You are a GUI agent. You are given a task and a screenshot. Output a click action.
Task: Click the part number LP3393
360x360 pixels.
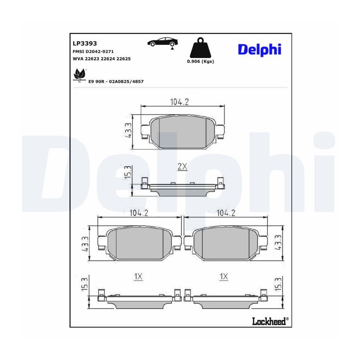[x=85, y=43]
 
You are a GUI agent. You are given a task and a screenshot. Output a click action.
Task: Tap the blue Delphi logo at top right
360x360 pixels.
[x=260, y=49]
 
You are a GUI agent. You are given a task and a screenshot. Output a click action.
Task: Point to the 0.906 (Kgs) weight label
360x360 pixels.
[x=200, y=61]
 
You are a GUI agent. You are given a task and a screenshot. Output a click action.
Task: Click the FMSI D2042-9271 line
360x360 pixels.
[x=93, y=52]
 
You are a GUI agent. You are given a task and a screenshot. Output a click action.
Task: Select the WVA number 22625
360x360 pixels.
[x=124, y=59]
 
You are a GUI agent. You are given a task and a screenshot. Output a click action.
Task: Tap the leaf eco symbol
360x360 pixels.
[x=79, y=75]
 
